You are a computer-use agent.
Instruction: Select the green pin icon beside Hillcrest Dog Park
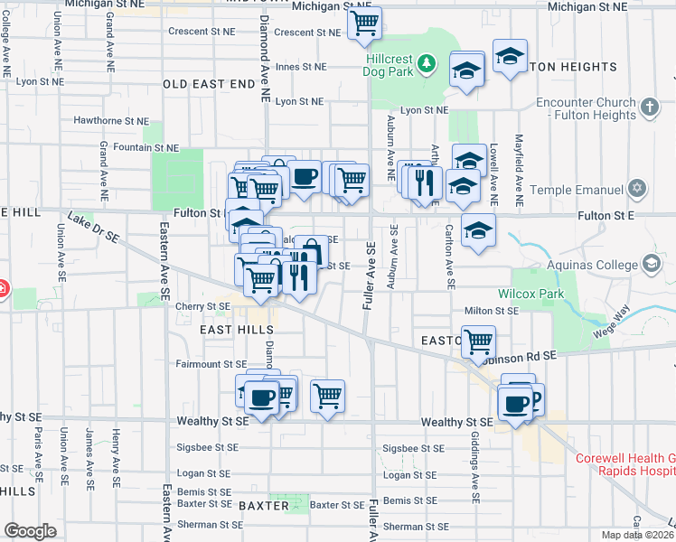(x=426, y=63)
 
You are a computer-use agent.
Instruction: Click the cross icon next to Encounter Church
(x=649, y=108)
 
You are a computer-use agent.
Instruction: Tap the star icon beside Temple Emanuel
(x=638, y=190)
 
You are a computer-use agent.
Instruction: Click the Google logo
(x=30, y=530)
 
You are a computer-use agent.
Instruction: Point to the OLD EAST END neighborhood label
(x=209, y=83)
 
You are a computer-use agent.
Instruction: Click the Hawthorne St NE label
(x=111, y=119)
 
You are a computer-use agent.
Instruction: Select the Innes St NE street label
(x=300, y=67)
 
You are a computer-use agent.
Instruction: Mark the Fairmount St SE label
(x=211, y=364)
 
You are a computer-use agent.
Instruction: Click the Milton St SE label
(x=491, y=311)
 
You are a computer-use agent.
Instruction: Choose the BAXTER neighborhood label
(x=261, y=505)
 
